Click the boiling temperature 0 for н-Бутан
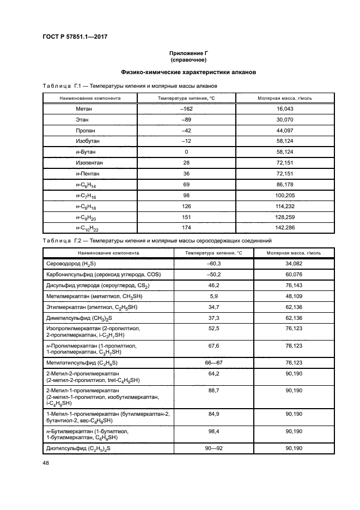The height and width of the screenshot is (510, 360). (x=186, y=151)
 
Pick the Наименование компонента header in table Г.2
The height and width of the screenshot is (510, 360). (x=108, y=253)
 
